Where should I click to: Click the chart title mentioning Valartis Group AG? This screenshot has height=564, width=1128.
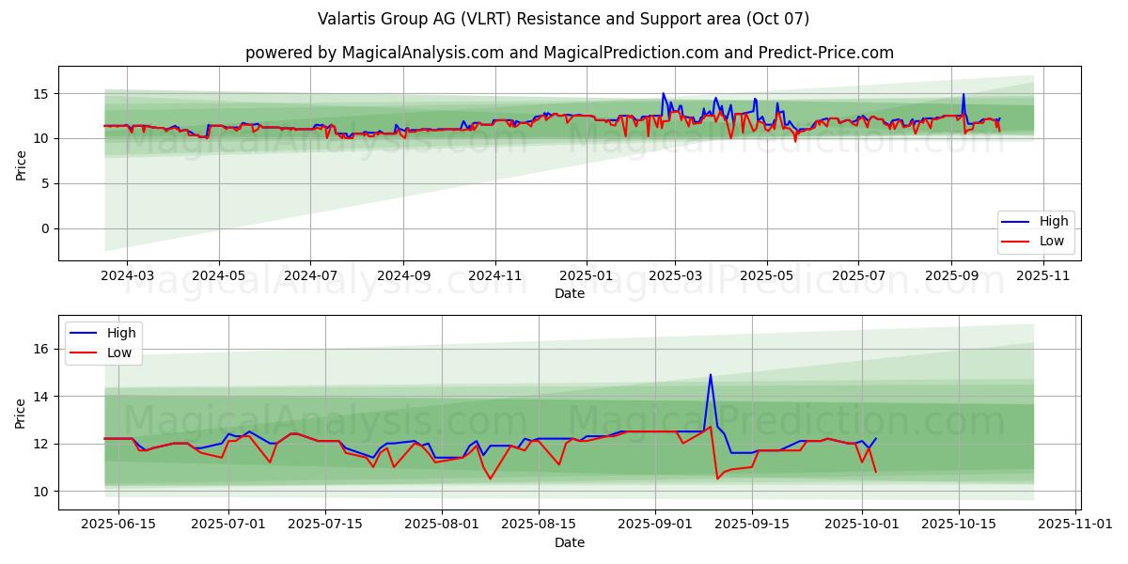[x=564, y=19]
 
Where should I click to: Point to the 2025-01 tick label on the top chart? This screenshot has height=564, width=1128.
[x=587, y=275]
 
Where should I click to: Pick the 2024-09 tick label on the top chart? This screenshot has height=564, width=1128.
[x=403, y=275]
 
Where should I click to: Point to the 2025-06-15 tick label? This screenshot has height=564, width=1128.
[x=118, y=525]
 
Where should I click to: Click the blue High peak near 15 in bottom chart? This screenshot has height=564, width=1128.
[x=711, y=375]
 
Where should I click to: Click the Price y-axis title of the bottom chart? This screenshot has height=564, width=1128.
[x=20, y=413]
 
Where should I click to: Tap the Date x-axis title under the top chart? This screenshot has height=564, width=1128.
[x=570, y=293]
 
